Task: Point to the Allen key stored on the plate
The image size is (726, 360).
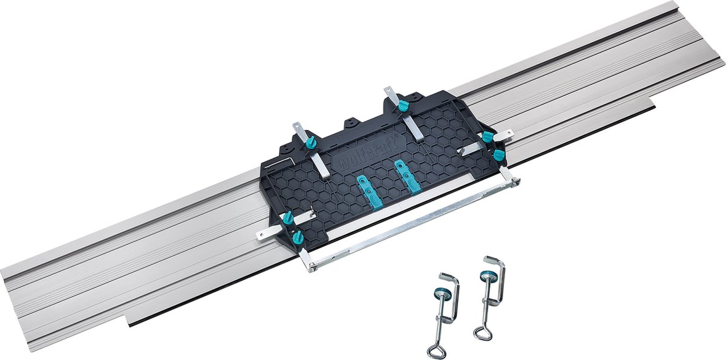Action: tap(279, 162)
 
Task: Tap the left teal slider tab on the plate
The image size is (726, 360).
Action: tap(370, 193)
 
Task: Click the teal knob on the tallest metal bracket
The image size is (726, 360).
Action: tap(403, 105)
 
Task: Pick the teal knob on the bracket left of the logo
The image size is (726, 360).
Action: tap(311, 142)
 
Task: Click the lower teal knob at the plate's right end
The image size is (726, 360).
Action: tap(499, 155)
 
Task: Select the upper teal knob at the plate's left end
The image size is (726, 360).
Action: tap(288, 218)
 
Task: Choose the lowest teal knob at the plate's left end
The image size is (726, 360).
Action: tap(298, 238)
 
